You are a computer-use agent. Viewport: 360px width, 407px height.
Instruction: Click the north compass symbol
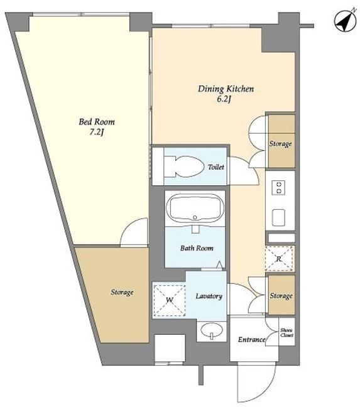[345, 21]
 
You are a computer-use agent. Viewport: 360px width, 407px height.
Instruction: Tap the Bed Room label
[97, 122]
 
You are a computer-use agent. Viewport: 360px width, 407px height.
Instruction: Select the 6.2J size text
[224, 99]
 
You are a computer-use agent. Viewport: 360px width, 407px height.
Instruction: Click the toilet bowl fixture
[184, 166]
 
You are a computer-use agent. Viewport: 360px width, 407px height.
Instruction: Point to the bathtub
[195, 207]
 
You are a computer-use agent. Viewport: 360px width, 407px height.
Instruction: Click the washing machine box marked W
[169, 300]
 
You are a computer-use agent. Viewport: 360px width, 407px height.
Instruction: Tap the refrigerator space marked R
[280, 259]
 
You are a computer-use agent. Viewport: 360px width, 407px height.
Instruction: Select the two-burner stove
[278, 187]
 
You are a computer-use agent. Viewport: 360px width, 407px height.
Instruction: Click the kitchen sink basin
[278, 217]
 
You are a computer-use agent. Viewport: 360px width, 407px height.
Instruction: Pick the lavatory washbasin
[212, 330]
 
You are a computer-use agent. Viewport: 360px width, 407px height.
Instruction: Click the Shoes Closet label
[286, 333]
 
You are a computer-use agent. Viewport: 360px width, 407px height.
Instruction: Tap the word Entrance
[251, 340]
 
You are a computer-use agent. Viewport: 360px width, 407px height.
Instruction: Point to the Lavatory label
[209, 296]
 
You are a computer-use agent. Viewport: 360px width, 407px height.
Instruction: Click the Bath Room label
[197, 248]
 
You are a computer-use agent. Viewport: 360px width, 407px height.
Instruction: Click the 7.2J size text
[96, 133]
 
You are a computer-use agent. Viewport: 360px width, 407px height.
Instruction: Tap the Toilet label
[216, 167]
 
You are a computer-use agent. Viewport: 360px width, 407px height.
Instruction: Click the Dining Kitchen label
[226, 89]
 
